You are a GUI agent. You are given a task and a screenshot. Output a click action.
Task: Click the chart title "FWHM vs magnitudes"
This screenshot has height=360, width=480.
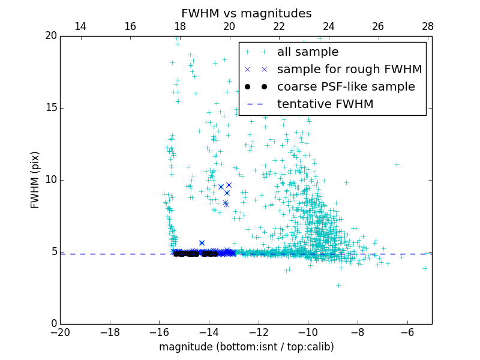[x=246, y=13]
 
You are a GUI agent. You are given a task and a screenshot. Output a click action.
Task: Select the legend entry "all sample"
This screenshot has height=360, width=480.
[x=308, y=52]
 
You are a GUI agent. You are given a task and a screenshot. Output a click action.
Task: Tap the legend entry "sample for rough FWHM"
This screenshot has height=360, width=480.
[x=349, y=70]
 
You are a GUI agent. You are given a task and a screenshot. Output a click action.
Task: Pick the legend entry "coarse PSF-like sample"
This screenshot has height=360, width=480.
[x=346, y=87]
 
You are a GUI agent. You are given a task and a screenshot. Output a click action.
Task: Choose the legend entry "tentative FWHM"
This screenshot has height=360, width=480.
[x=325, y=104]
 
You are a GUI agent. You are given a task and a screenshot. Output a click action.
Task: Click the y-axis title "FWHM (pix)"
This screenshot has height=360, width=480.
[x=35, y=180]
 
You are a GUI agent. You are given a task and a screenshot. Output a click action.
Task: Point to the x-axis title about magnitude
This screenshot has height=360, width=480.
[x=246, y=347]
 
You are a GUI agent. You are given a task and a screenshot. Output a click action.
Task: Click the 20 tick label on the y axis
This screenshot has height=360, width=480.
[x=50, y=36]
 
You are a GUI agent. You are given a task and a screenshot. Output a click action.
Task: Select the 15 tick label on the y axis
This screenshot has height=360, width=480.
[x=50, y=108]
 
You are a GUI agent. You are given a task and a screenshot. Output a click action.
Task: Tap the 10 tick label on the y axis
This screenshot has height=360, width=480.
[x=50, y=180]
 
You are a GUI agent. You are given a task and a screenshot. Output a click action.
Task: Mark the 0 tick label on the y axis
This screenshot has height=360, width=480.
[x=53, y=324]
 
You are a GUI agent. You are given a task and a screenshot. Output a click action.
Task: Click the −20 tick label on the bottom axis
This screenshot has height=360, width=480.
[x=60, y=332]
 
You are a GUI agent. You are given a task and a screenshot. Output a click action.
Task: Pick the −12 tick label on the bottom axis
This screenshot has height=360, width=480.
[x=258, y=332]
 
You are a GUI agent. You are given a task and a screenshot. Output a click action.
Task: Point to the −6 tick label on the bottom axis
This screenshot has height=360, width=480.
[x=407, y=332]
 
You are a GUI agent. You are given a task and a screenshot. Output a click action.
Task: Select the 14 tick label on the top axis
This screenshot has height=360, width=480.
[x=80, y=26]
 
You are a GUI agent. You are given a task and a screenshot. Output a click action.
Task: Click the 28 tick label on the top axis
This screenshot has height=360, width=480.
[x=428, y=26]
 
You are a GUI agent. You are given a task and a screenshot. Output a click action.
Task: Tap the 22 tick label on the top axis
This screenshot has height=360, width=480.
[x=279, y=26]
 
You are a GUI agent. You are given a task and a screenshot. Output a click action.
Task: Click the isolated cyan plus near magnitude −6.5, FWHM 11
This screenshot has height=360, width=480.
[x=397, y=164]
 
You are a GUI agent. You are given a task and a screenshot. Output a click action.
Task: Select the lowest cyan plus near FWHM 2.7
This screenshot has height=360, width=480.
[x=338, y=285]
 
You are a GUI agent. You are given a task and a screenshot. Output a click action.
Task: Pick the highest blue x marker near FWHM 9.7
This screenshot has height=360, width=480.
[x=229, y=185]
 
